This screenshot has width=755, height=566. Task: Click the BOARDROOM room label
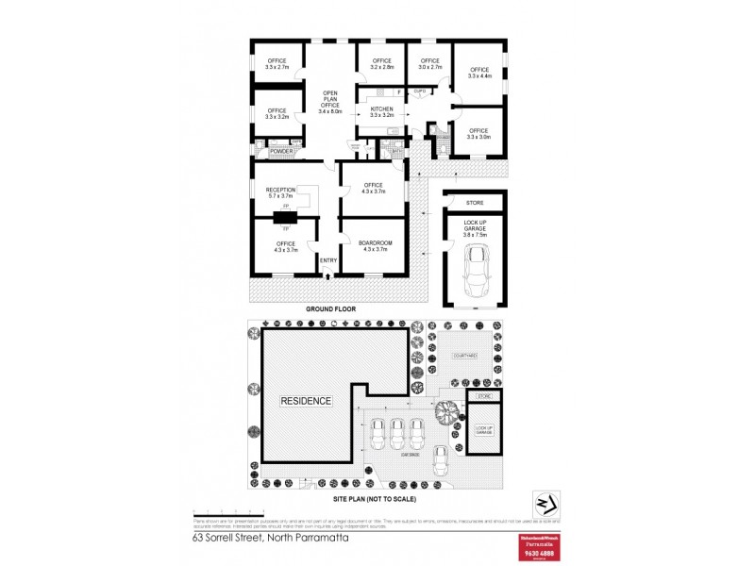(x=375, y=247)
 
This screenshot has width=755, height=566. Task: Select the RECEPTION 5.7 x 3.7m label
(x=281, y=193)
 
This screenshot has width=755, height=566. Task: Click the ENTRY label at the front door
(x=328, y=261)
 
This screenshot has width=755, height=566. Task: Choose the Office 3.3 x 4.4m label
(x=480, y=74)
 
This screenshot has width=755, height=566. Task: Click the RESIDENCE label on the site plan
(x=306, y=400)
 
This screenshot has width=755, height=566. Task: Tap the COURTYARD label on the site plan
(x=464, y=356)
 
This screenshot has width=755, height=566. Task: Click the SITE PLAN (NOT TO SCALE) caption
(x=377, y=497)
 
